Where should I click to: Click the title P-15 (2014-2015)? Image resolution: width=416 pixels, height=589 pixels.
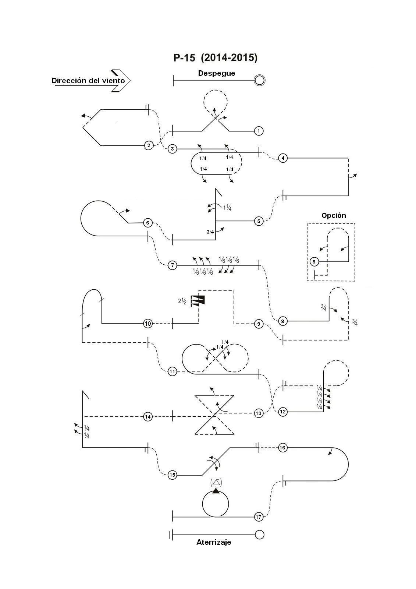tap(215, 57)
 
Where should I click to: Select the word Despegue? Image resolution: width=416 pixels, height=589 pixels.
tap(217, 73)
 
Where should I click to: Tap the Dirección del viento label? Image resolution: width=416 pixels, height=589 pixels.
tap(88, 81)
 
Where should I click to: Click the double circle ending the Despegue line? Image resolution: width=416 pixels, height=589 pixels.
tap(259, 80)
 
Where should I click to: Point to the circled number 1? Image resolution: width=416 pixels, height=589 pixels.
tap(259, 131)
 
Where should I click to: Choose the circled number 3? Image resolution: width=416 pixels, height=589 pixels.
tap(173, 149)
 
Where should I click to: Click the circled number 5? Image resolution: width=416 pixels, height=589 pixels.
tap(259, 221)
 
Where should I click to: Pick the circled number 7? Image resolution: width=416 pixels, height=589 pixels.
tap(173, 265)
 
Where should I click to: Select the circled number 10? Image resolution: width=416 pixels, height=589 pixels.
tap(148, 324)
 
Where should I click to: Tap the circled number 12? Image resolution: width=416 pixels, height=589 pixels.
tap(283, 412)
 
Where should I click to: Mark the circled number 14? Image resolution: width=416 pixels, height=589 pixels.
tap(148, 417)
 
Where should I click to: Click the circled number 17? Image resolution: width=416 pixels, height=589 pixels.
tap(259, 517)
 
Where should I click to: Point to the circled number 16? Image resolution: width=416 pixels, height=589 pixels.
tap(282, 448)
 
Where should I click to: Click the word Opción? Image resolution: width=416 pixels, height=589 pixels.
tap(334, 216)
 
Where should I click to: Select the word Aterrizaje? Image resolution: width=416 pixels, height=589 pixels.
tap(214, 543)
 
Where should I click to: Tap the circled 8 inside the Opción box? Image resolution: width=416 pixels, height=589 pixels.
tap(314, 262)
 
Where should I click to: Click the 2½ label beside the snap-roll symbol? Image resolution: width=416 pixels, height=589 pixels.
tap(182, 301)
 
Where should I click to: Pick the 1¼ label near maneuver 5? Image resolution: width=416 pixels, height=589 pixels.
tap(228, 208)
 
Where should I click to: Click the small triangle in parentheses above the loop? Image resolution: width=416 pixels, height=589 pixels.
tap(216, 483)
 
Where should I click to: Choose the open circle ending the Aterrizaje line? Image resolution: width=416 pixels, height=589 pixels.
tap(259, 535)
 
